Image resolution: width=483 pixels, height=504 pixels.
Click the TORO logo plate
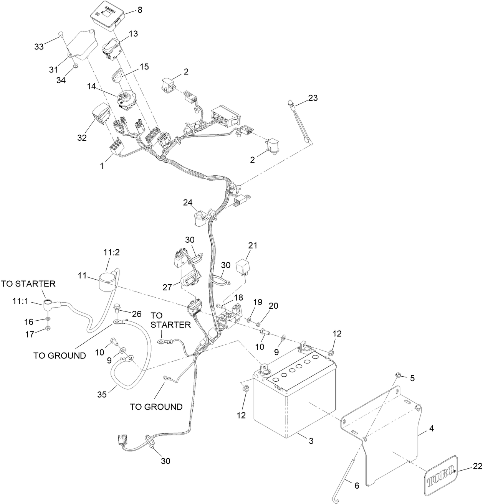coord(441,479)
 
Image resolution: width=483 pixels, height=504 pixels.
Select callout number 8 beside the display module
coord(140,11)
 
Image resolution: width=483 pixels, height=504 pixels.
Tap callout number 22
coord(477,466)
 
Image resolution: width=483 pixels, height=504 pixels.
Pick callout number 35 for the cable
coord(102,394)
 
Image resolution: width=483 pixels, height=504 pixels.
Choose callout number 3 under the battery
coord(311,441)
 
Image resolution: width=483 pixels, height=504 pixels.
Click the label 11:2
coord(111,252)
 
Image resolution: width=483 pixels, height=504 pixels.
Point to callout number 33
coord(39,47)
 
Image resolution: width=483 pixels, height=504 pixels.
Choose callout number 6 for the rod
coord(357,485)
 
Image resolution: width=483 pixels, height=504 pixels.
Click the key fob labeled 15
coord(118,77)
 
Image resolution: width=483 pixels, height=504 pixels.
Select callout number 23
coord(313,98)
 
